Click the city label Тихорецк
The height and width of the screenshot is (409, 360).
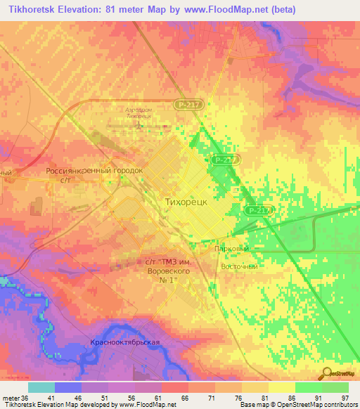(x=185, y=201)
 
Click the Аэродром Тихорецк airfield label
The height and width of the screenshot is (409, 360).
(x=144, y=114)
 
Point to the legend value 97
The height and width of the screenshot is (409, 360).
(x=344, y=398)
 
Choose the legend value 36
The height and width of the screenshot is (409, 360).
(x=25, y=398)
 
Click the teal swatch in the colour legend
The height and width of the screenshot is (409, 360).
(x=41, y=387)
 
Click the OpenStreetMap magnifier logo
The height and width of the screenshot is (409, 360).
(x=327, y=373)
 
